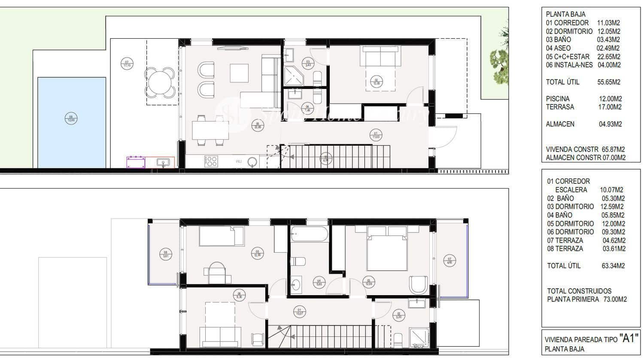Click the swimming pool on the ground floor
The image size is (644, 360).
(72, 122)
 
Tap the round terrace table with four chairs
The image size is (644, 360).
(160, 83)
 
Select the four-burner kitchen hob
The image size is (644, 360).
(211, 161)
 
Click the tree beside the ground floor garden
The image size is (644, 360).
(500, 60)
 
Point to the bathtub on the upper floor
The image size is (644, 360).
(309, 235)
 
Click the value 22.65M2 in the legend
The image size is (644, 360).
(608, 57)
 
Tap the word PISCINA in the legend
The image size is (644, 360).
(558, 99)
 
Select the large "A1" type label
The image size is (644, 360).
(629, 338)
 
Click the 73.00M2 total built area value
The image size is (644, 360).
(614, 299)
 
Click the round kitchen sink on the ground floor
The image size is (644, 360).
(253, 162)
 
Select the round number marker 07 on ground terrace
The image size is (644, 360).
(127, 64)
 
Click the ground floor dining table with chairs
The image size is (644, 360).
(210, 130)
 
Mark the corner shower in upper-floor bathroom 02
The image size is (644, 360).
(418, 337)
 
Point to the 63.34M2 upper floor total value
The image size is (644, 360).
(613, 266)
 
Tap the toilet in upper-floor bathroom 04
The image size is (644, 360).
(298, 261)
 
